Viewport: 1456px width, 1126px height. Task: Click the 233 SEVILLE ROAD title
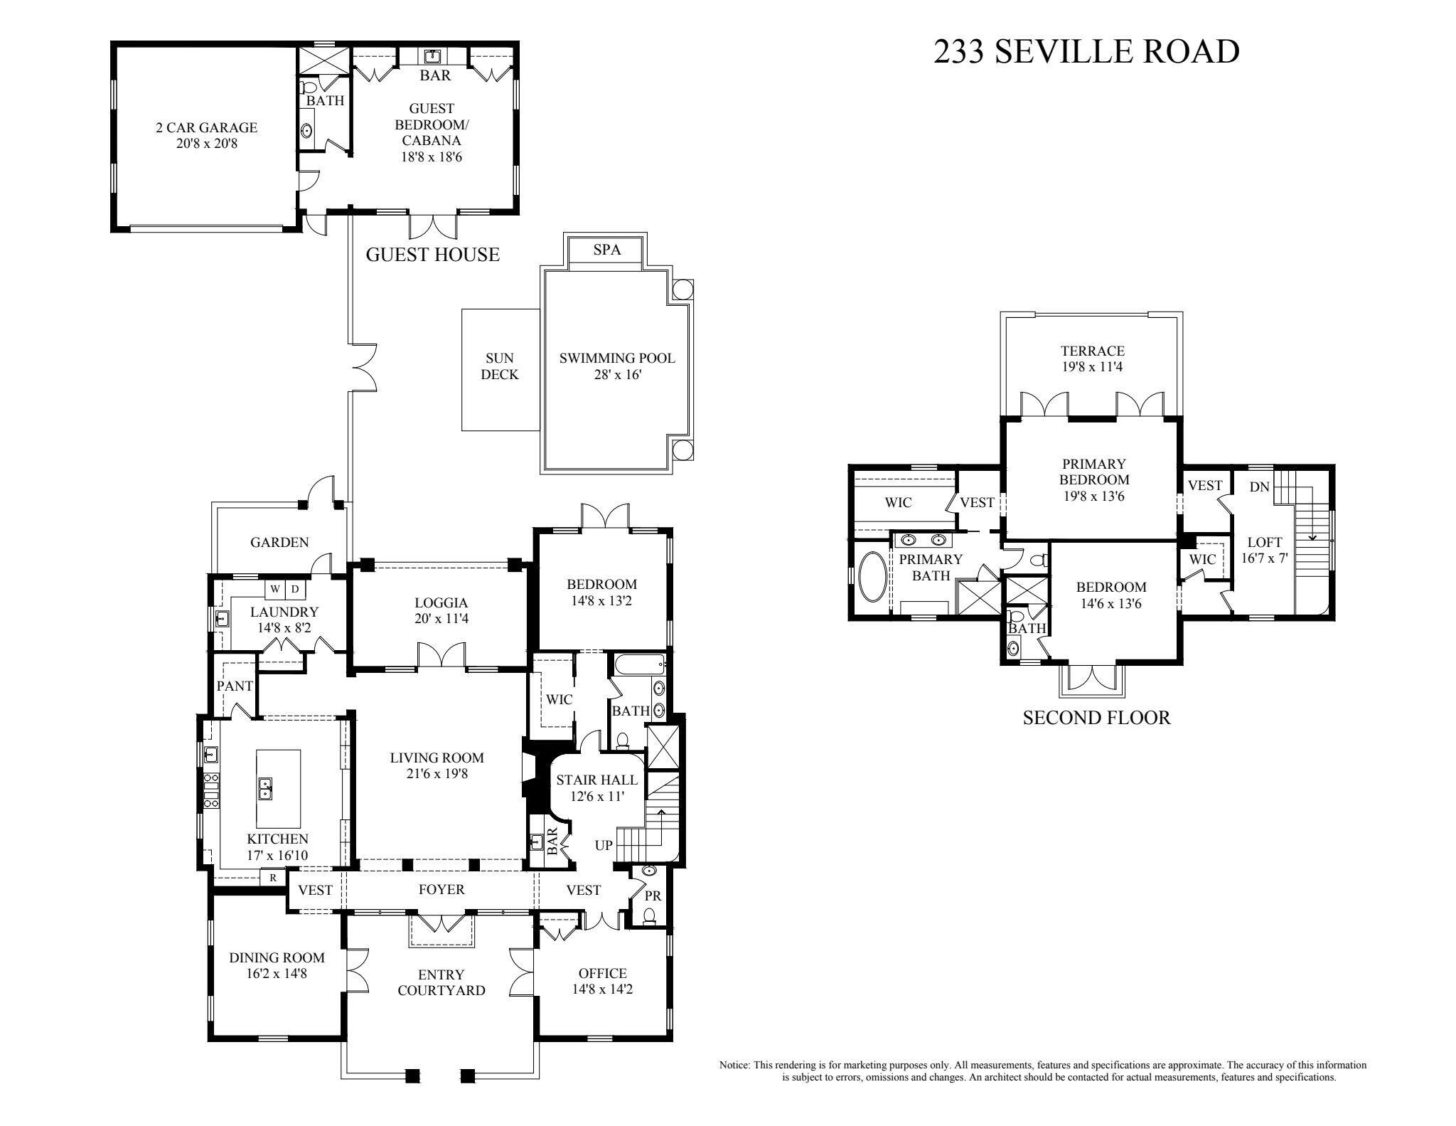pyautogui.click(x=1086, y=52)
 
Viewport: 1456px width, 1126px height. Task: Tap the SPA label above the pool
pyautogui.click(x=606, y=250)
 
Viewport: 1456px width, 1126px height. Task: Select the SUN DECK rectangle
pyautogui.click(x=500, y=369)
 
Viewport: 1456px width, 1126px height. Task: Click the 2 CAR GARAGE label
pyautogui.click(x=206, y=128)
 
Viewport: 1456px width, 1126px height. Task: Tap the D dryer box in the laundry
pyautogui.click(x=295, y=589)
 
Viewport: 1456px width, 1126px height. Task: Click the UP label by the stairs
pyautogui.click(x=604, y=846)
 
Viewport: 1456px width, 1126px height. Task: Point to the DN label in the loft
pyautogui.click(x=1259, y=487)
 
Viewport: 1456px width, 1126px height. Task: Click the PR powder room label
pyautogui.click(x=653, y=896)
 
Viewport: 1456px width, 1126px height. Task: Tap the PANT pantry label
pyautogui.click(x=235, y=686)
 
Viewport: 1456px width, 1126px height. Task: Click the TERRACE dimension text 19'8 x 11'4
pyautogui.click(x=1092, y=367)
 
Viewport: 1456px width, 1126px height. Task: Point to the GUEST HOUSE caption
pyautogui.click(x=432, y=255)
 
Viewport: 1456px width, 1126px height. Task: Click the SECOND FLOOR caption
pyautogui.click(x=1096, y=718)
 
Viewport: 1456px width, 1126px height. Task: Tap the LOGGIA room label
pyautogui.click(x=441, y=603)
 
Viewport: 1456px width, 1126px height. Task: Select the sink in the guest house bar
pyautogui.click(x=432, y=56)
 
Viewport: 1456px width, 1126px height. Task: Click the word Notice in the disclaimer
pyautogui.click(x=734, y=1066)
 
